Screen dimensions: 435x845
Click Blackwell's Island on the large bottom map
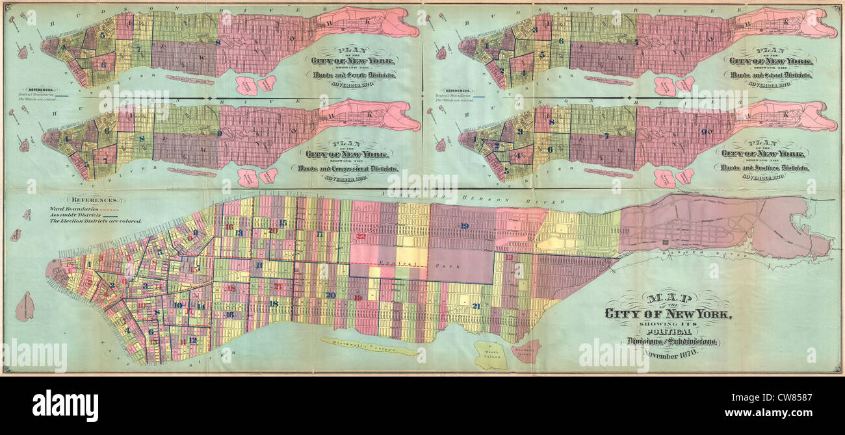coord(368,347)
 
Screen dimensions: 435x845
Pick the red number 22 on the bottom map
coord(361,236)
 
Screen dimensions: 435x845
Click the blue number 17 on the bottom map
coord(319,234)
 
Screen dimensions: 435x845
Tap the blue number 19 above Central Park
coord(464,226)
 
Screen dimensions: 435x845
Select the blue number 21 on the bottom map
coord(476,305)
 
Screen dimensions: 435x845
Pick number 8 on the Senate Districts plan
coord(218,43)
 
